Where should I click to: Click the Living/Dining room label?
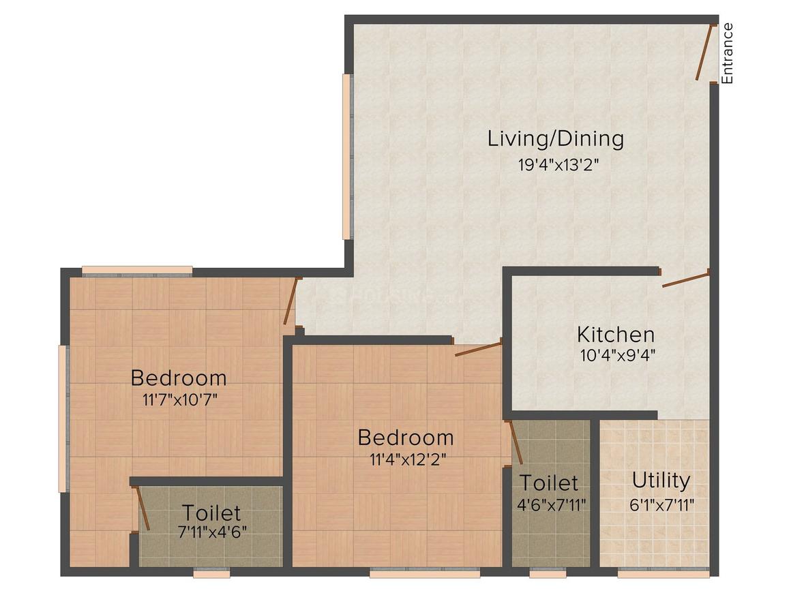(x=555, y=138)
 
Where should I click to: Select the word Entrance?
(x=728, y=53)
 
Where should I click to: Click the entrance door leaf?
(x=704, y=52)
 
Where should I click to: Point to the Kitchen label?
(x=615, y=335)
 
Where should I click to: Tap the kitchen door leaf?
(x=685, y=279)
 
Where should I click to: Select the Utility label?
(x=660, y=481)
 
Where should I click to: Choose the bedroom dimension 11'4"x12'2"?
(x=405, y=458)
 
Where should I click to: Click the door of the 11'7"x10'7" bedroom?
(x=291, y=301)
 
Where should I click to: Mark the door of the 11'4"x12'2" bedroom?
(x=478, y=350)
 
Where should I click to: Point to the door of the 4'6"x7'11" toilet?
(x=516, y=442)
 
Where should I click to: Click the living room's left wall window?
(x=346, y=156)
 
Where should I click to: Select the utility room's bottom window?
(x=653, y=574)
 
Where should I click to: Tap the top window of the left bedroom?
(x=137, y=271)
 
